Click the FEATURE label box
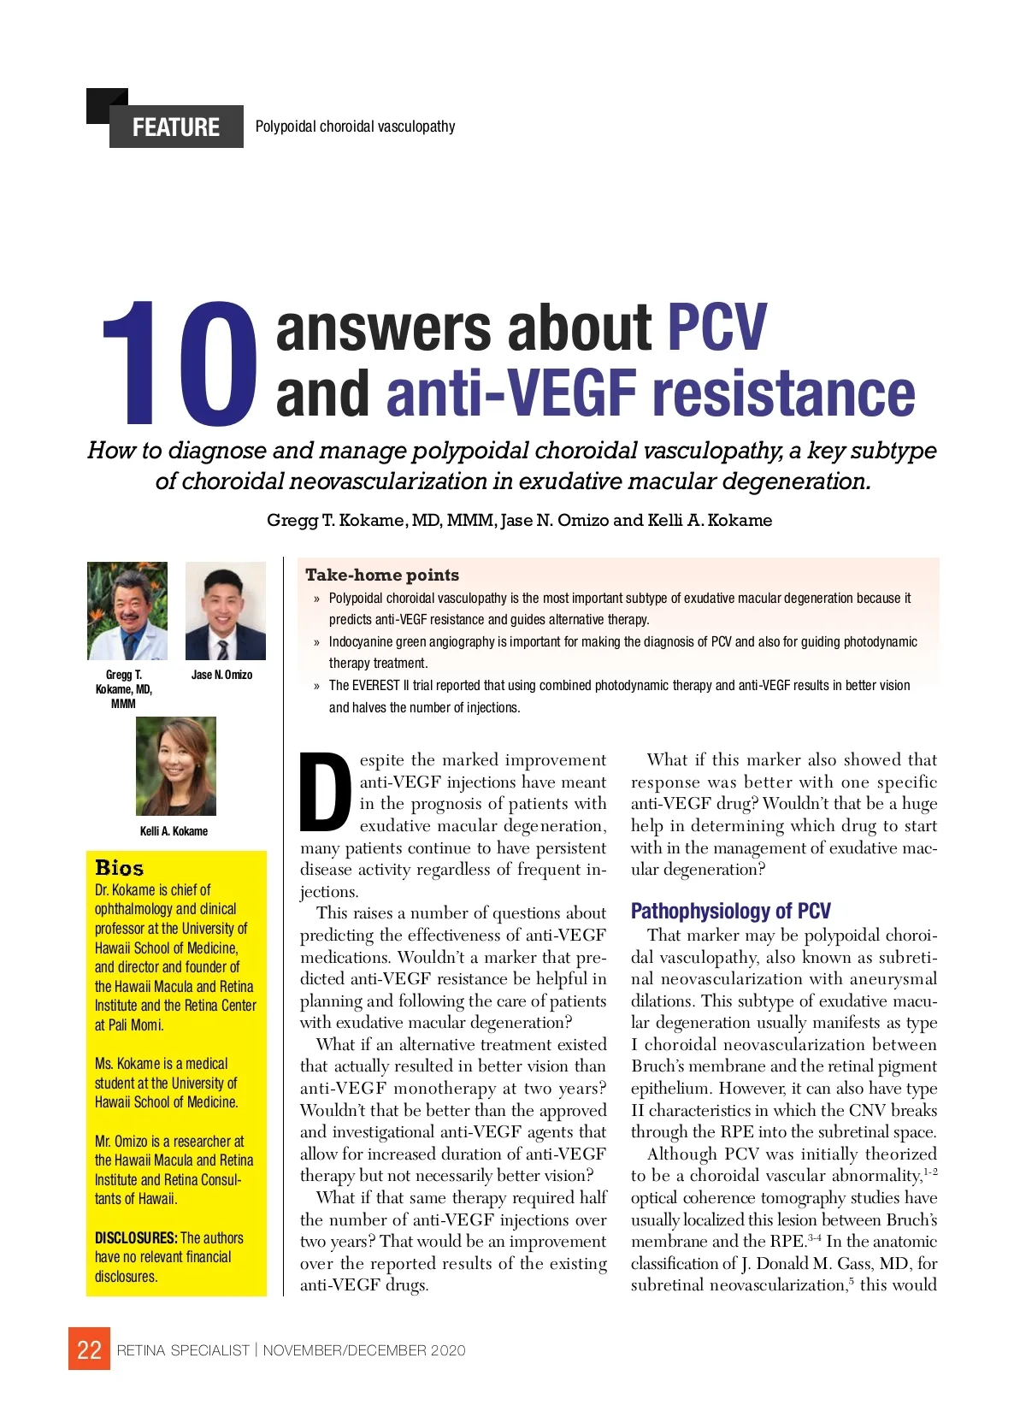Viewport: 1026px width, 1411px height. point(176,127)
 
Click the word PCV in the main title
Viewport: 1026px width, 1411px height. point(716,327)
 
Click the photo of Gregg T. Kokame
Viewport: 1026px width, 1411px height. point(127,611)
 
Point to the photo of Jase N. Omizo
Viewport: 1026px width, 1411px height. point(225,611)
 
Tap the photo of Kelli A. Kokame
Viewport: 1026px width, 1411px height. point(176,765)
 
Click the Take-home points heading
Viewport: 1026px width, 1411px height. point(382,575)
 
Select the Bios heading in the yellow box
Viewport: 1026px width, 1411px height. point(120,868)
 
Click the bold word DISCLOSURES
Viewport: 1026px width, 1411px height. point(135,1237)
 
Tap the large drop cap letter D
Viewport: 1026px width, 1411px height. point(326,792)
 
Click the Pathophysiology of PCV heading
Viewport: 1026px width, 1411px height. point(730,911)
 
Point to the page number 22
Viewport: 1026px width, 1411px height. point(89,1349)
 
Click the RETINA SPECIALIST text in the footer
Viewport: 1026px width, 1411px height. point(183,1350)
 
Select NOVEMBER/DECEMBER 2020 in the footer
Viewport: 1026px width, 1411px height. point(364,1350)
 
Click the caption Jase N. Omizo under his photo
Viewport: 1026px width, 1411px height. point(221,675)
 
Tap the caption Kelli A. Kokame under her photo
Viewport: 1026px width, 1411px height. point(174,831)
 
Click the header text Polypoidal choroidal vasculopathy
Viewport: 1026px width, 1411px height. point(355,127)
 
